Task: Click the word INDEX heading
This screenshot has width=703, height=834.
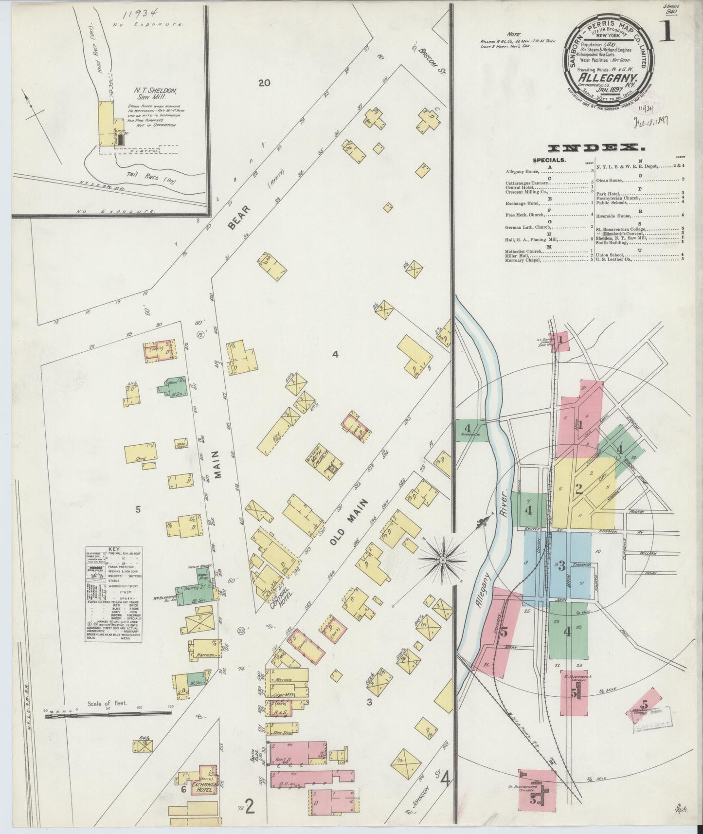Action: tap(593, 148)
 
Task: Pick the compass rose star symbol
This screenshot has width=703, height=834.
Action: tap(443, 560)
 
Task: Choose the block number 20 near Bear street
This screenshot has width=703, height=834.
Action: tap(264, 83)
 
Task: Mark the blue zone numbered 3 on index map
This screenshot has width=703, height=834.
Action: tap(561, 566)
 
